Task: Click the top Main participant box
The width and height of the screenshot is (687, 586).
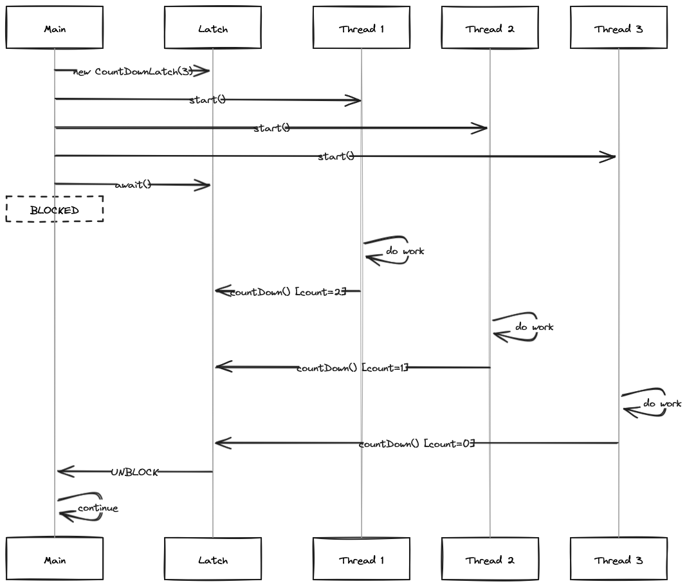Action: [55, 28]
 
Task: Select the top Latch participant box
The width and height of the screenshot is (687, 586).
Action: [213, 28]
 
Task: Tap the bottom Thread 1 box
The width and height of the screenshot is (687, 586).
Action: [362, 560]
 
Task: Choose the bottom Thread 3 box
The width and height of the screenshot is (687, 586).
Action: [619, 560]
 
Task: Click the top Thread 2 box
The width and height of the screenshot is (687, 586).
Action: [490, 28]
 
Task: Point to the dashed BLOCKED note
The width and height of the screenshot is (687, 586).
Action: [55, 210]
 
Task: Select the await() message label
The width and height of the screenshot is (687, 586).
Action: [133, 185]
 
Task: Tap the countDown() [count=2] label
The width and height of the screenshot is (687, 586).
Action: [288, 292]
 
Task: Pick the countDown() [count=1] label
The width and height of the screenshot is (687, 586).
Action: [353, 369]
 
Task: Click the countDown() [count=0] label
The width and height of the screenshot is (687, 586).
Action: [417, 444]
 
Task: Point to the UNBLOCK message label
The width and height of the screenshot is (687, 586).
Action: [134, 472]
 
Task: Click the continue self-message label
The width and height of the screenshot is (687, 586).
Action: [98, 508]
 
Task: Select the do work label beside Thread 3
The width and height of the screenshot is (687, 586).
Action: [662, 403]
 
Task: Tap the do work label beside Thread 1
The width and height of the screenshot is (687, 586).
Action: [405, 251]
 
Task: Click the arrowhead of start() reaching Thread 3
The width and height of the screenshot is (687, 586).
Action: [609, 156]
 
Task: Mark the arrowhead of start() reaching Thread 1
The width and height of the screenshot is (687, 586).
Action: [353, 100]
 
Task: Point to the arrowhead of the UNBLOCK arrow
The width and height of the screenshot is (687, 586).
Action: [65, 472]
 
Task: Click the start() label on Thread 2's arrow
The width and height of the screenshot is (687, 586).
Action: [271, 128]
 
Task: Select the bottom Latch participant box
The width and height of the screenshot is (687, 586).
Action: [213, 560]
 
